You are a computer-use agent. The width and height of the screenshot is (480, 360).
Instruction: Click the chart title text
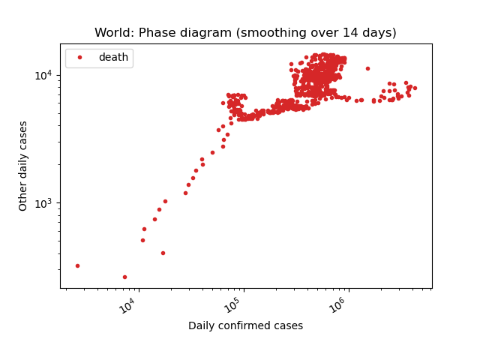tap(245, 32)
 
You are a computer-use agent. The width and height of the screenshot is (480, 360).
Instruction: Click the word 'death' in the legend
tap(113, 57)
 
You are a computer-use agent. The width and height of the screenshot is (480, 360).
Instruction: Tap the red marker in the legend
tap(80, 57)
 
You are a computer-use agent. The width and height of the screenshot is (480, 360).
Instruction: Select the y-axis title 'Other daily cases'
tap(22, 166)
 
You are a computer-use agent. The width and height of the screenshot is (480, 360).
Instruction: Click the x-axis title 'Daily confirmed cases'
tap(245, 325)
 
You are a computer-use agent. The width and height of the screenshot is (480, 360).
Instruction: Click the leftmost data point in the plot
tap(77, 265)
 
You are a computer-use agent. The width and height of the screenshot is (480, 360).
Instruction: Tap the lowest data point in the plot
tap(124, 277)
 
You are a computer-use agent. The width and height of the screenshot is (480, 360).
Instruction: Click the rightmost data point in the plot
tap(415, 88)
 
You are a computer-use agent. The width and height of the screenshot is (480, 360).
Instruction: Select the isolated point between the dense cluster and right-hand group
tap(368, 68)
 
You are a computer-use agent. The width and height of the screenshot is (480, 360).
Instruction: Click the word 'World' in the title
tap(115, 32)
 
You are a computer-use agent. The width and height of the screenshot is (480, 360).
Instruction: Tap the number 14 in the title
tap(350, 32)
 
